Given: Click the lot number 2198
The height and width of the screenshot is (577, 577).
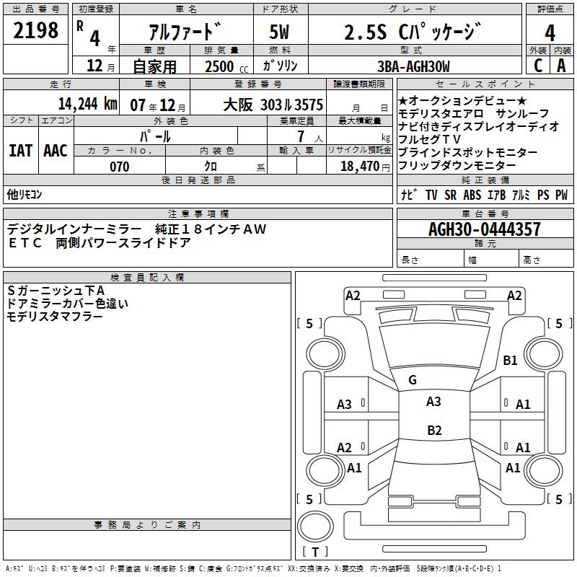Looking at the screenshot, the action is [35, 30].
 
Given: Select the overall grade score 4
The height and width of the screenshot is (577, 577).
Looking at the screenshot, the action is [550, 33].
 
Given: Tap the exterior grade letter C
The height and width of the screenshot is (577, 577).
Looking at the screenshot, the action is [538, 66].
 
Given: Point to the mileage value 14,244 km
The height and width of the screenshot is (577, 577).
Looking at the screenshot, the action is [87, 104].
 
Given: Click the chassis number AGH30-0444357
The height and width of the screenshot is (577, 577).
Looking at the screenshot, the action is [485, 229].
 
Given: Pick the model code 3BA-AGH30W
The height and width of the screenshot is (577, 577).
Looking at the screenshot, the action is [413, 66].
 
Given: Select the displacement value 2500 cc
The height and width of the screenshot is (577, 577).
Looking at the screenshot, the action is [226, 66].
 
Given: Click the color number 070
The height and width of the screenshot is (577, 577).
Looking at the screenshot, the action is [120, 167].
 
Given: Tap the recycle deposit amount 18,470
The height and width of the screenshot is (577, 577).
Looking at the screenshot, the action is [360, 167].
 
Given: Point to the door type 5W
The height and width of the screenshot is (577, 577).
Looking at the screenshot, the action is [279, 32].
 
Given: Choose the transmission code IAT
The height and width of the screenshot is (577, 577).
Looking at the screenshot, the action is [20, 151].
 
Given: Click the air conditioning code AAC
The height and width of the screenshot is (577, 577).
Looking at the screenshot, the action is [56, 151].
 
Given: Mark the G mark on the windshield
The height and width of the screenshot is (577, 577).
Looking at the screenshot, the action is [413, 380].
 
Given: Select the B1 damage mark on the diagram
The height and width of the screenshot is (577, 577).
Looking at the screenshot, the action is [510, 360].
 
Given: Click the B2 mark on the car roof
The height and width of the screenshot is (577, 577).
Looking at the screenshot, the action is [434, 430].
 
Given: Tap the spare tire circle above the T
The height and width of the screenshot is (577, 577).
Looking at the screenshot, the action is [315, 527].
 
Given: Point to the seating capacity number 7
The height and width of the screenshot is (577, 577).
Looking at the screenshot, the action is [301, 136].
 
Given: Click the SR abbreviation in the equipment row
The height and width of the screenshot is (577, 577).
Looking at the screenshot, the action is [450, 195].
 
